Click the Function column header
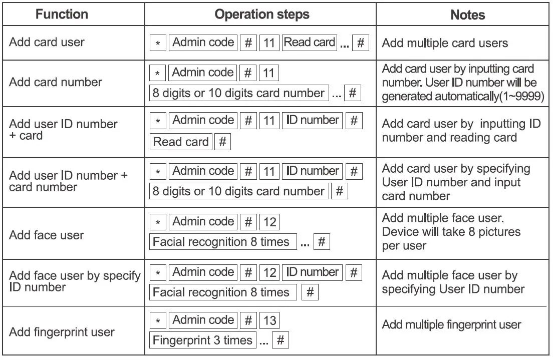pyautogui.click(x=62, y=14)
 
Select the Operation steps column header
pyautogui.click(x=261, y=14)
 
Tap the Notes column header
pyautogui.click(x=467, y=15)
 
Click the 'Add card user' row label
pyautogui.click(x=47, y=42)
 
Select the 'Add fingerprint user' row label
pyautogui.click(x=62, y=332)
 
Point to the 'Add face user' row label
pyautogui.click(x=46, y=235)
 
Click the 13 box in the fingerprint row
pyautogui.click(x=269, y=320)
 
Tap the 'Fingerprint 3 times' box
pyautogui.click(x=202, y=340)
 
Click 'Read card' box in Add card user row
pyautogui.click(x=309, y=43)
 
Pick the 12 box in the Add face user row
pyautogui.click(x=269, y=222)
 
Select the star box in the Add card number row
pyautogui.click(x=158, y=74)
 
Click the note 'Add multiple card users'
pyautogui.click(x=445, y=43)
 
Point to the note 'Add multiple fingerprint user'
pyautogui.click(x=451, y=324)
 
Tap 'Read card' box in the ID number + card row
pyautogui.click(x=181, y=142)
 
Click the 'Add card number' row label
pyautogui.click(x=56, y=82)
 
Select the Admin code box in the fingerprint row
pyautogui.click(x=203, y=320)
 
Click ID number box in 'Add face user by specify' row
pyautogui.click(x=313, y=272)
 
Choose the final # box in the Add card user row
pyautogui.click(x=361, y=43)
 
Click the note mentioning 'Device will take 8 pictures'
pyautogui.click(x=451, y=232)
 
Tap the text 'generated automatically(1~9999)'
pyautogui.click(x=463, y=96)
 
